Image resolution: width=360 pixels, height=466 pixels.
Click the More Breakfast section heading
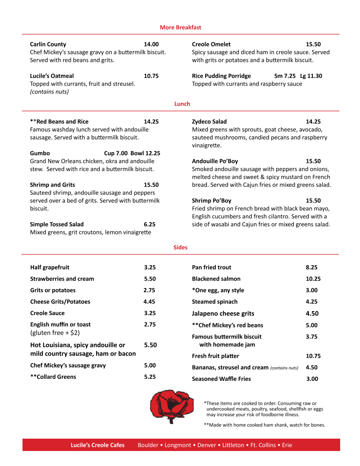pyautogui.click(x=180, y=27)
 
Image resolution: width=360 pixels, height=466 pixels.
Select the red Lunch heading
pyautogui.click(x=182, y=104)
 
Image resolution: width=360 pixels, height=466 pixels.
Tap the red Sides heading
pyautogui.click(x=180, y=248)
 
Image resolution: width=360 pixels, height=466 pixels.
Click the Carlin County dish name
pyautogui.click(x=48, y=44)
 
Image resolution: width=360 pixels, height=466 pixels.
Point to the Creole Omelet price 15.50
pyautogui.click(x=313, y=44)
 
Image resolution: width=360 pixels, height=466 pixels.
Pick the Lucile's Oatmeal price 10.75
pyautogui.click(x=151, y=76)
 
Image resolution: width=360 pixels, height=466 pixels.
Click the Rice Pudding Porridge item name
pyautogui.click(x=221, y=76)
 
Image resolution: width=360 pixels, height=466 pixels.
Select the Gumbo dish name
pyautogui.click(x=40, y=153)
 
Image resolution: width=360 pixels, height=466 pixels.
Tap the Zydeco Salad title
pyautogui.click(x=210, y=121)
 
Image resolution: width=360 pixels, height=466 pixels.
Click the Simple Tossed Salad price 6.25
pyautogui.click(x=150, y=224)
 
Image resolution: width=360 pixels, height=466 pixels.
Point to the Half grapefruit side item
pyautogui.click(x=50, y=267)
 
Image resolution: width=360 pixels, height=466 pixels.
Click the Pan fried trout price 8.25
pyautogui.click(x=311, y=267)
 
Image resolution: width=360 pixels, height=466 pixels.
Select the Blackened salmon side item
pyautogui.click(x=216, y=279)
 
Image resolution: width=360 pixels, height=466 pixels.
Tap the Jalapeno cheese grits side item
pyautogui.click(x=223, y=314)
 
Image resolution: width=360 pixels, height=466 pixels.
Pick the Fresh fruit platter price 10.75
pyautogui.click(x=313, y=356)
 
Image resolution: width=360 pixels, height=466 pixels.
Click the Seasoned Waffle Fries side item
pyautogui.click(x=221, y=379)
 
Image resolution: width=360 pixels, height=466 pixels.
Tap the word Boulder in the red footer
pyautogui.click(x=148, y=445)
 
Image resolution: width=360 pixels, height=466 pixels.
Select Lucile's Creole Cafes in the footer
pyautogui.click(x=97, y=445)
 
